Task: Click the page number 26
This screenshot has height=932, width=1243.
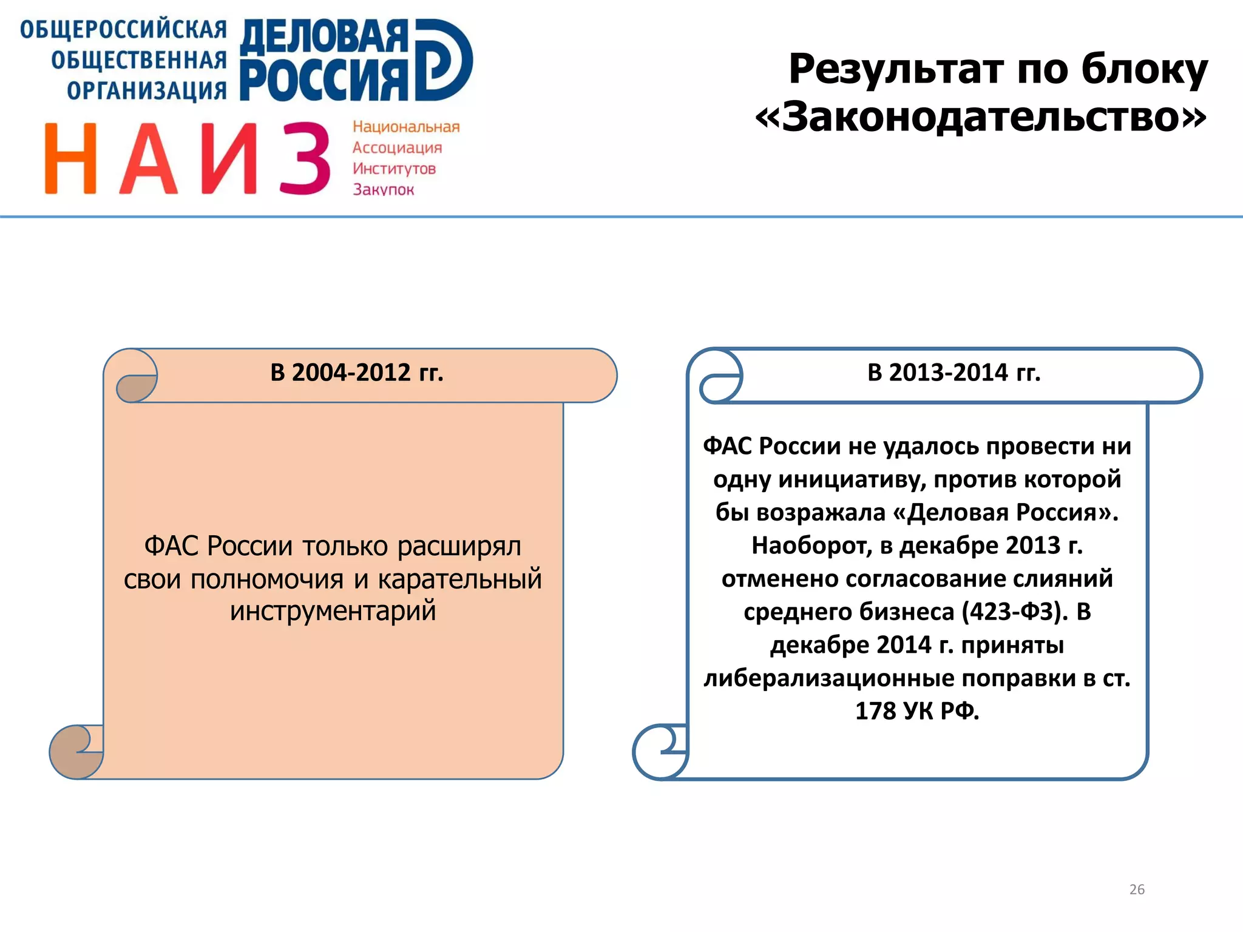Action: [x=1136, y=890]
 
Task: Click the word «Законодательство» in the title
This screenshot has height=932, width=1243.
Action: [x=981, y=116]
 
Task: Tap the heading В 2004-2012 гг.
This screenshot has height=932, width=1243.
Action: [x=357, y=373]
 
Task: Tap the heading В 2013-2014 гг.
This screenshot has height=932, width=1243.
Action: [x=954, y=373]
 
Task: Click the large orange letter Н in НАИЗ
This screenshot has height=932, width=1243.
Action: [x=71, y=159]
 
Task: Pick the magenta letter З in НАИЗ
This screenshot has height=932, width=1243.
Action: [x=305, y=159]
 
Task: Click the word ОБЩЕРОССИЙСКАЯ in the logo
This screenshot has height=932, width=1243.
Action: [x=124, y=30]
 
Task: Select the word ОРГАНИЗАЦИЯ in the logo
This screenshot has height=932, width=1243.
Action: [x=147, y=90]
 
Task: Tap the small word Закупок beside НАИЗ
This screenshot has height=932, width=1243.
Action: [x=384, y=190]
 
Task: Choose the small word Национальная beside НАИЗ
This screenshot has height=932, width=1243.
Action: [x=406, y=127]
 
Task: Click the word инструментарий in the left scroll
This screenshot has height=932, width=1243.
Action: [x=333, y=610]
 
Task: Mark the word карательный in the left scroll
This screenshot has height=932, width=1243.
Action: [x=459, y=578]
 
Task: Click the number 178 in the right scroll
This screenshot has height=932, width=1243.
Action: [x=875, y=711]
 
